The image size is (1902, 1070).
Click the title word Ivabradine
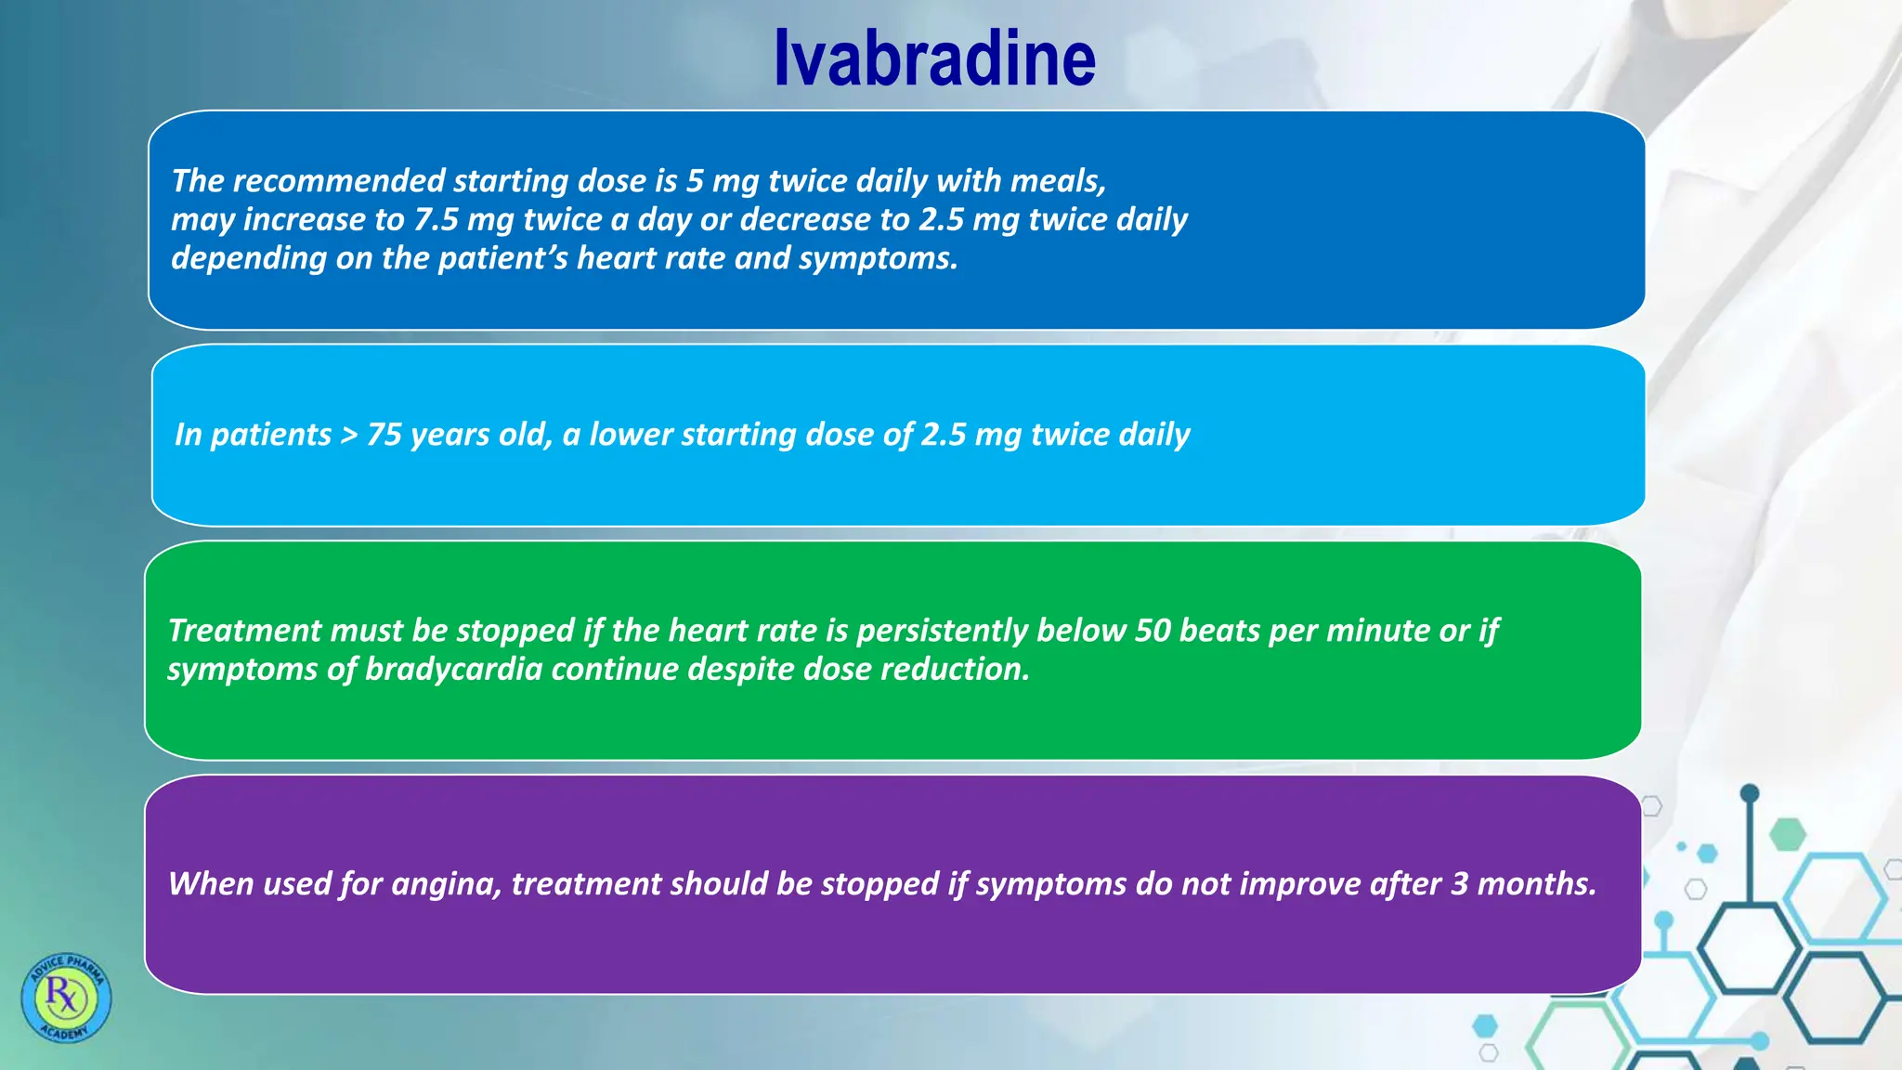[x=934, y=59]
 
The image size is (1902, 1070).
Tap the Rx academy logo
[x=66, y=998]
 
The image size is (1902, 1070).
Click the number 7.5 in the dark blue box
[x=436, y=220]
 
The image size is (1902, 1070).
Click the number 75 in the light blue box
[x=384, y=435]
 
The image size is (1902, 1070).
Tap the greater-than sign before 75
[x=348, y=436]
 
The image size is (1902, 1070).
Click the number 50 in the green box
[x=1153, y=631]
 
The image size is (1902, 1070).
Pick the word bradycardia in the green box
[x=453, y=670]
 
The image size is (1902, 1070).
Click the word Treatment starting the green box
[x=244, y=631]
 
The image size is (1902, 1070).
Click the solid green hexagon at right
[x=1786, y=834]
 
